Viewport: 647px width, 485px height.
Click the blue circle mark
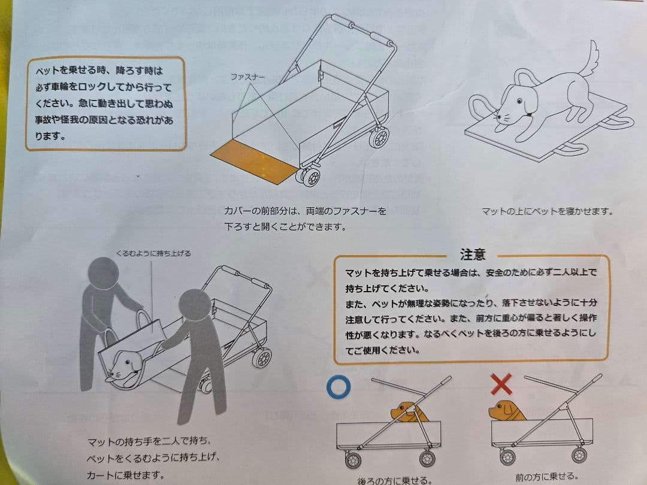click(340, 387)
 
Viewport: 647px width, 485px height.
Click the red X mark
click(501, 384)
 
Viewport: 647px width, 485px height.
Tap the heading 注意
click(472, 254)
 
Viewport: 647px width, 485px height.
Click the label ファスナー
click(248, 77)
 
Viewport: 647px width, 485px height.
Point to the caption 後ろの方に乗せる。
click(395, 480)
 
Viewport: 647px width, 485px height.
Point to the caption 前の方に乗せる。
click(546, 477)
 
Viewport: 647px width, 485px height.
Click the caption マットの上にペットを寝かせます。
click(548, 211)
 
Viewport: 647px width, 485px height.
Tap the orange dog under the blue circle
click(407, 411)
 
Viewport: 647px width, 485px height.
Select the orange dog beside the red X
click(506, 411)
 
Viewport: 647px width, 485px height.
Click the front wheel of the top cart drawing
click(310, 178)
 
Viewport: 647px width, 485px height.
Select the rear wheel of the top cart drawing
click(379, 137)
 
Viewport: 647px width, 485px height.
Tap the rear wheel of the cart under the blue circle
click(427, 459)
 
